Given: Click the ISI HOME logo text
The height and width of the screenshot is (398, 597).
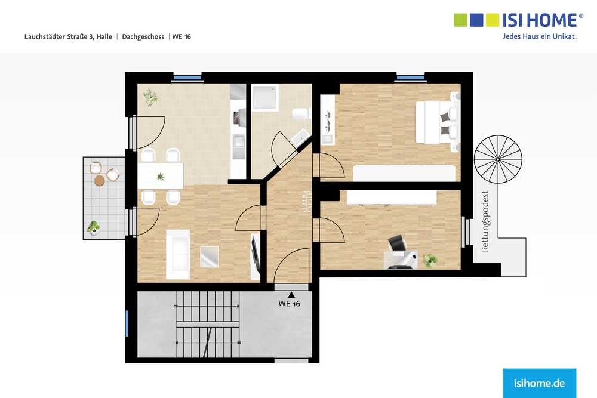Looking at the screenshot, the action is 540,20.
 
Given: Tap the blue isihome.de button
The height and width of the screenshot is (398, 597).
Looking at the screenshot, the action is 539,382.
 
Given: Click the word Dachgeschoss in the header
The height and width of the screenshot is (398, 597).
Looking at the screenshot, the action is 143,37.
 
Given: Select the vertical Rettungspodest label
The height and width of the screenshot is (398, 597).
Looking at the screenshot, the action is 485,221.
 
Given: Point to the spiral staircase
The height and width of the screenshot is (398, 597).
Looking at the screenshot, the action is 498,159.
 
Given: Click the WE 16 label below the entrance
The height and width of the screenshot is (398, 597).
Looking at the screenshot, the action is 290,303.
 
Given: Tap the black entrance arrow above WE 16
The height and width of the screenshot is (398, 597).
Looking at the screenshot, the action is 291,294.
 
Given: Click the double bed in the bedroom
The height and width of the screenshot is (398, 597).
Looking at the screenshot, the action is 436,122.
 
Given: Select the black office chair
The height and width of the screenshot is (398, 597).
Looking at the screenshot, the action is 396,243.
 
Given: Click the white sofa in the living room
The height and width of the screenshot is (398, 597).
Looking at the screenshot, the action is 178,255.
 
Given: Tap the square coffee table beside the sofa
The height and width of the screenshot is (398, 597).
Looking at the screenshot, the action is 210,257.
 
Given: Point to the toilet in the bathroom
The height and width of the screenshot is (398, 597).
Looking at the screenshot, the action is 300,113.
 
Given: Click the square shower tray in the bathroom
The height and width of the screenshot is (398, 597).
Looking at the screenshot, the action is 266,97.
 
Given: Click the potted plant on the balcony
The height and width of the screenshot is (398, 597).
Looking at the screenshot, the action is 93,227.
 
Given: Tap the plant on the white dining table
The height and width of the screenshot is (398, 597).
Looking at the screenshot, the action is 161,176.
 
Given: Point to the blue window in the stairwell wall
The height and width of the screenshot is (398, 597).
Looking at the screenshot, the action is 127,323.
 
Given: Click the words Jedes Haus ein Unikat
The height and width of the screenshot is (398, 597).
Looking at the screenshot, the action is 540,36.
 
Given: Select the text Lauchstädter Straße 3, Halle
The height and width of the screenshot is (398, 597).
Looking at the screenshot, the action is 68,37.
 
